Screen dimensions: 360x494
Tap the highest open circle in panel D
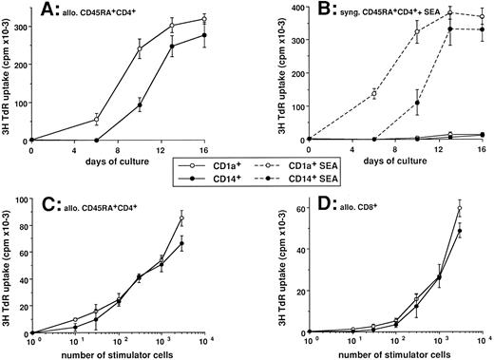pos(460,208)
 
